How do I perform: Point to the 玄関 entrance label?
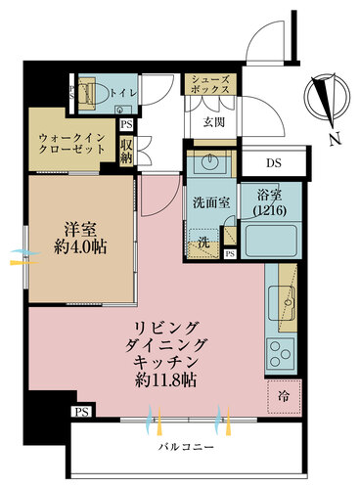click(214, 123)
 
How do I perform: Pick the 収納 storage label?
click(126, 151)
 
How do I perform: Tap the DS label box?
click(269, 161)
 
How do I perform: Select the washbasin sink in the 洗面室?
click(207, 161)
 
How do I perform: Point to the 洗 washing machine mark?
click(203, 242)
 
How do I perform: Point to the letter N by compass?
click(333, 140)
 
